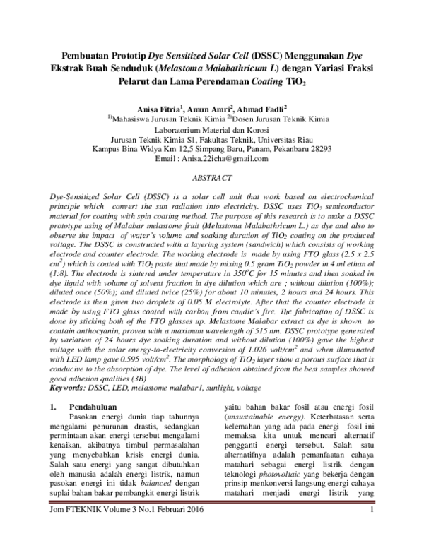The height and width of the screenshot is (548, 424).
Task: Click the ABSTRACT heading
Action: (x=212, y=179)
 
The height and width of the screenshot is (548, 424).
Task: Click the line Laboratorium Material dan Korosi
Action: (x=212, y=130)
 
